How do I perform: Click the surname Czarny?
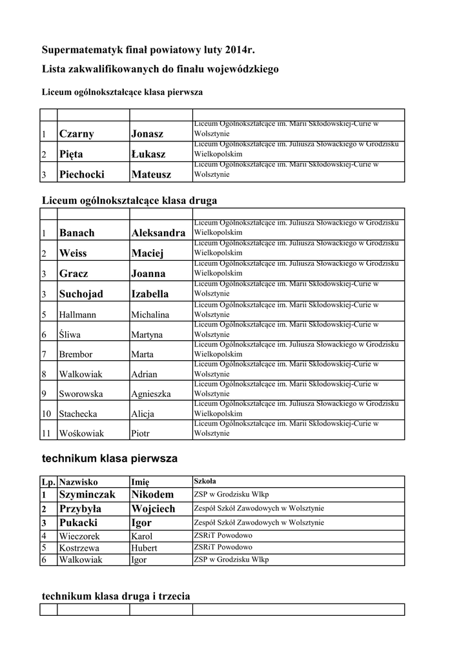76,134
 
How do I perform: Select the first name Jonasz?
147,134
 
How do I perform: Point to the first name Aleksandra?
158,233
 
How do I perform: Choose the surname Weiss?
72,253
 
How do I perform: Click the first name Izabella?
150,294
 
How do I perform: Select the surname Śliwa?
70,334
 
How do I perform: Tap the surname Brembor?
76,354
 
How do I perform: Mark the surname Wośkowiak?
81,434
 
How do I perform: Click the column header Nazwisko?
78,482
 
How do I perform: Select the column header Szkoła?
205,482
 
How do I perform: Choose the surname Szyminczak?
86,494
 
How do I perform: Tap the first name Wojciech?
153,509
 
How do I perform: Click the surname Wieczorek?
80,536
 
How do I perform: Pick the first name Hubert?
144,548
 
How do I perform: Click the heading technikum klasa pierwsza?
109,459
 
